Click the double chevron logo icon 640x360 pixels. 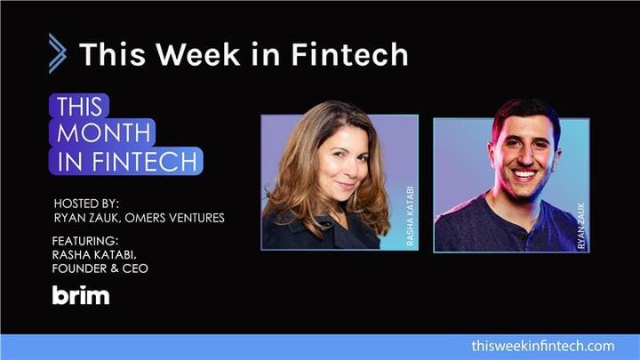(x=57, y=53)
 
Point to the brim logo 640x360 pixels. (x=81, y=296)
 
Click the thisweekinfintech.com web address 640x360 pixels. (x=543, y=345)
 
